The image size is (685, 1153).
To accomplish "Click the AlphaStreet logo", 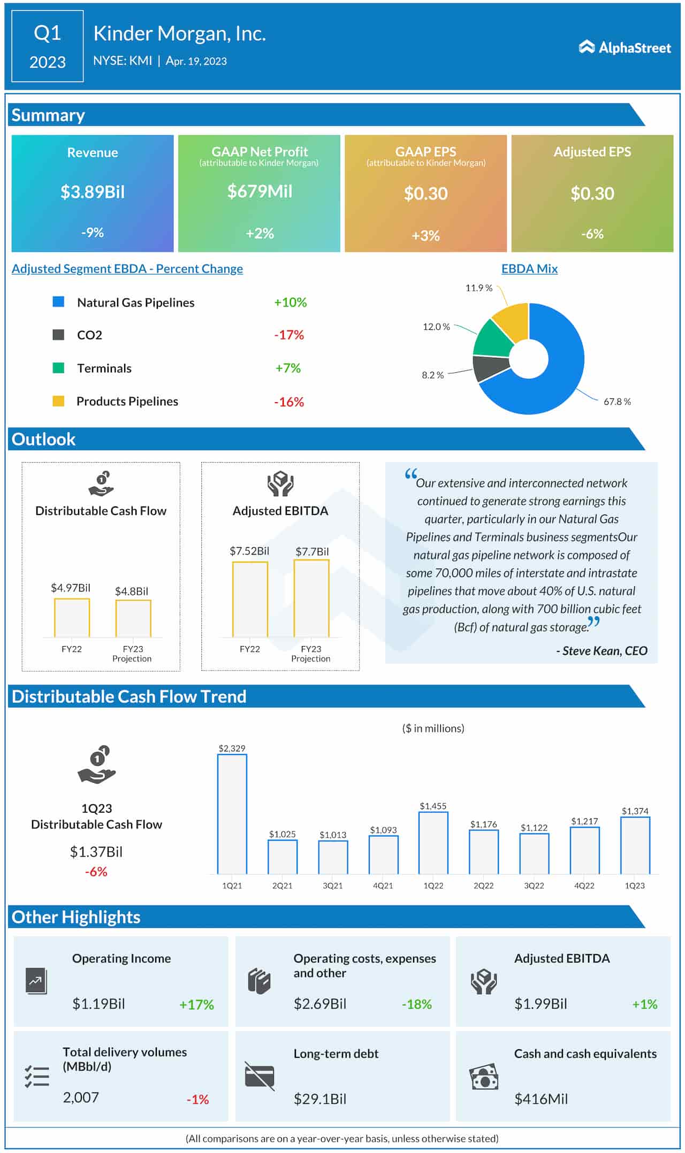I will pos(625,48).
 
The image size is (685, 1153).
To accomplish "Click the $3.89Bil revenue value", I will pos(93,192).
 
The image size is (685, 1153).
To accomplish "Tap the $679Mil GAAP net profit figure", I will pos(260,191).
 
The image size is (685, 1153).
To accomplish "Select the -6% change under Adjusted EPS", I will pos(592,234).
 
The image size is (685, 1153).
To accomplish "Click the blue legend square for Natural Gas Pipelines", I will pos(58,302).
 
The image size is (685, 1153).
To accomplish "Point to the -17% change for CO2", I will pos(289,335).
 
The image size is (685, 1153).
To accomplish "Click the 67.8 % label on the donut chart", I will pos(616,402).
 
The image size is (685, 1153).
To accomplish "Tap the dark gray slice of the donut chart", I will pos(490,368).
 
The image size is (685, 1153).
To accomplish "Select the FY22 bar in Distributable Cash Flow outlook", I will pos(72,618).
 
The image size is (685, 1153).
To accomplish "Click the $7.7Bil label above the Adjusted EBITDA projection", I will pos(312,551).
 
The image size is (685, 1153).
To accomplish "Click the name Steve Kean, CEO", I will pos(602,651).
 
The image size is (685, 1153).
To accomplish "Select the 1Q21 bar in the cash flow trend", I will pos(232,814).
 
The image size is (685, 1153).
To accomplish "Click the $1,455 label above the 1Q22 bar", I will pos(433,806).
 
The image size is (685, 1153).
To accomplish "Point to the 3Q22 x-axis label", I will pos(534,886).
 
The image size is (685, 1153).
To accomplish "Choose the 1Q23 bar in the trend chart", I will pos(635,845).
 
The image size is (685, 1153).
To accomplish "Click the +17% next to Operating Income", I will pos(196,1004).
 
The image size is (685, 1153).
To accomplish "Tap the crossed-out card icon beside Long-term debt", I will pos(260,1076).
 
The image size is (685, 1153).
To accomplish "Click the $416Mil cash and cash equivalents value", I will pos(541,1099).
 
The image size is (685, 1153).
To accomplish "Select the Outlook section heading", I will pos(43,439).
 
